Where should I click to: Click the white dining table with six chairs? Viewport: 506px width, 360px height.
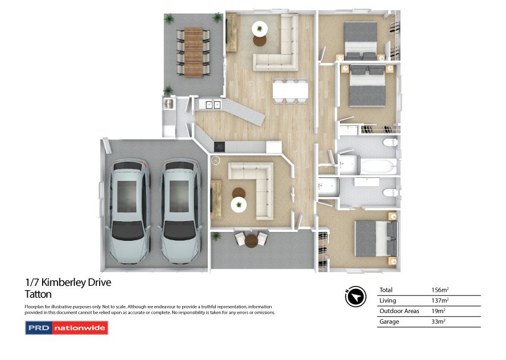click(x=290, y=90)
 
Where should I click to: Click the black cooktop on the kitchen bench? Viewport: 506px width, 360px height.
click(x=220, y=146)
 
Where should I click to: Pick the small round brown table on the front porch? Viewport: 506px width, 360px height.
click(x=252, y=241)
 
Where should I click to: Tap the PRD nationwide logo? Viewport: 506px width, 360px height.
click(x=66, y=327)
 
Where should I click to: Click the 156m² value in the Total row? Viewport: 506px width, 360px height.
click(x=440, y=290)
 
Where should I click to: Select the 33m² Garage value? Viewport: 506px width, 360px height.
click(x=438, y=322)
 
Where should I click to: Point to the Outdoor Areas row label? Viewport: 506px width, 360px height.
click(x=399, y=311)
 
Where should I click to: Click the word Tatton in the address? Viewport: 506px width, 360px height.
click(x=38, y=294)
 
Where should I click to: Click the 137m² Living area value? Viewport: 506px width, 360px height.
click(x=440, y=301)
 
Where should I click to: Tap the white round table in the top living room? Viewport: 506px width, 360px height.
click(x=260, y=28)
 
